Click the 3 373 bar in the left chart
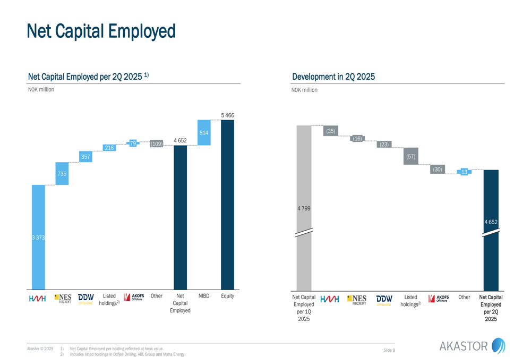coord(38,237)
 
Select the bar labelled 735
coord(62,174)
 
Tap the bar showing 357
coord(85,156)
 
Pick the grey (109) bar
coord(157,143)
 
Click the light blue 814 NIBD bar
coord(204,132)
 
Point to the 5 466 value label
coord(227,115)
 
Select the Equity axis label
coord(227,296)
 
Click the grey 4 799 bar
coord(304,208)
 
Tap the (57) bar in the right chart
coord(410,156)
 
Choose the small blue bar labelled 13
coord(465,172)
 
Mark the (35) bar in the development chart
coord(331,131)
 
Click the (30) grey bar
coord(437,170)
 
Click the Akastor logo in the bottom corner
coord(472,346)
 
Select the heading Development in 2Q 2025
coord(333,77)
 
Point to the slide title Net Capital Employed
coord(101,31)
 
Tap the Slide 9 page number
coord(389,350)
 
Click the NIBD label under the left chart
coord(204,296)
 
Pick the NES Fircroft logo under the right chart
coord(356,300)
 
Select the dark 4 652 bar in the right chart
coord(491,222)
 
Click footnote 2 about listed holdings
coord(127,354)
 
